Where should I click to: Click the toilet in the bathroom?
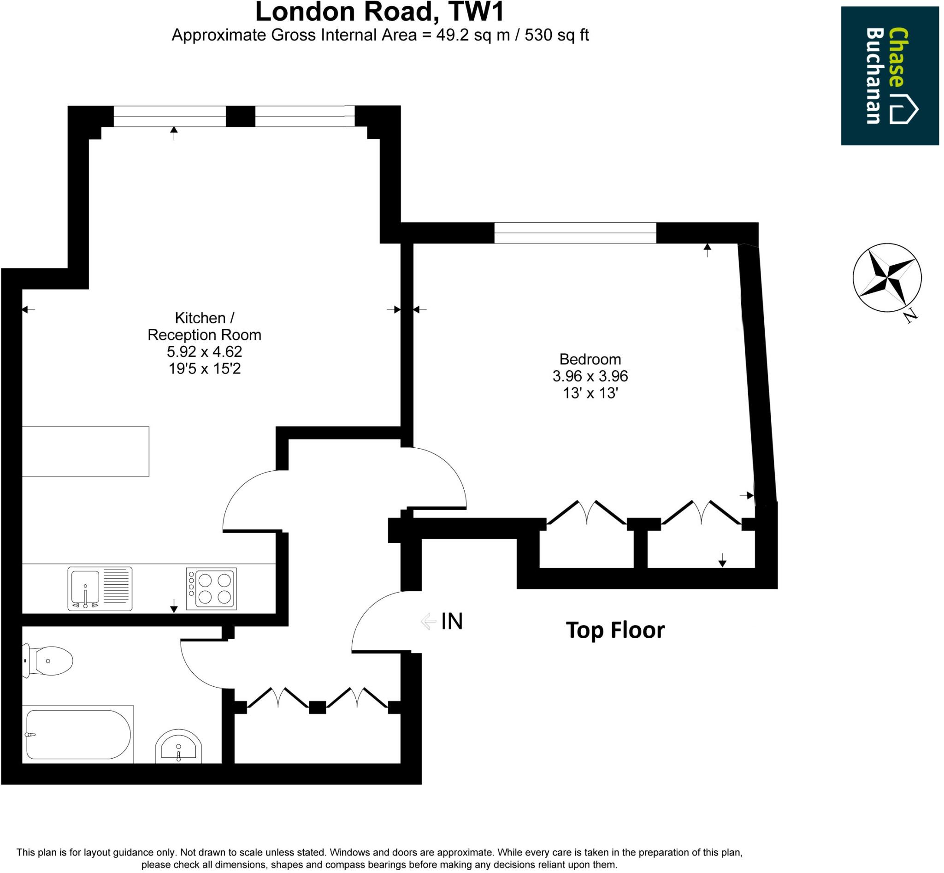tap(49, 660)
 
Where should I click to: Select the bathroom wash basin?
tap(178, 748)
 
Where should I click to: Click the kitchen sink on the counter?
tap(100, 588)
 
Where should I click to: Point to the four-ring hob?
tap(211, 588)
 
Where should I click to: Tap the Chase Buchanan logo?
tap(889, 76)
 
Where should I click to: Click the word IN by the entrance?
tap(451, 622)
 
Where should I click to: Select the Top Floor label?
tap(615, 630)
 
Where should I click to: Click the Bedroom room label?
tap(590, 359)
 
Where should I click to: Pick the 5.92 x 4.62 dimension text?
tap(204, 351)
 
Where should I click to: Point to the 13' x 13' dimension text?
tap(590, 393)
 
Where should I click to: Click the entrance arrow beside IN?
tap(428, 621)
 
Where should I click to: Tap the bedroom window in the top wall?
tap(575, 233)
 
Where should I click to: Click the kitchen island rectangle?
tap(85, 451)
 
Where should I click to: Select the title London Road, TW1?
tap(379, 12)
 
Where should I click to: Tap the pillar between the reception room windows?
tap(240, 116)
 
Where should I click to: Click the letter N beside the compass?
tap(911, 316)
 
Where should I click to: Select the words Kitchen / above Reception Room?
tap(204, 318)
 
